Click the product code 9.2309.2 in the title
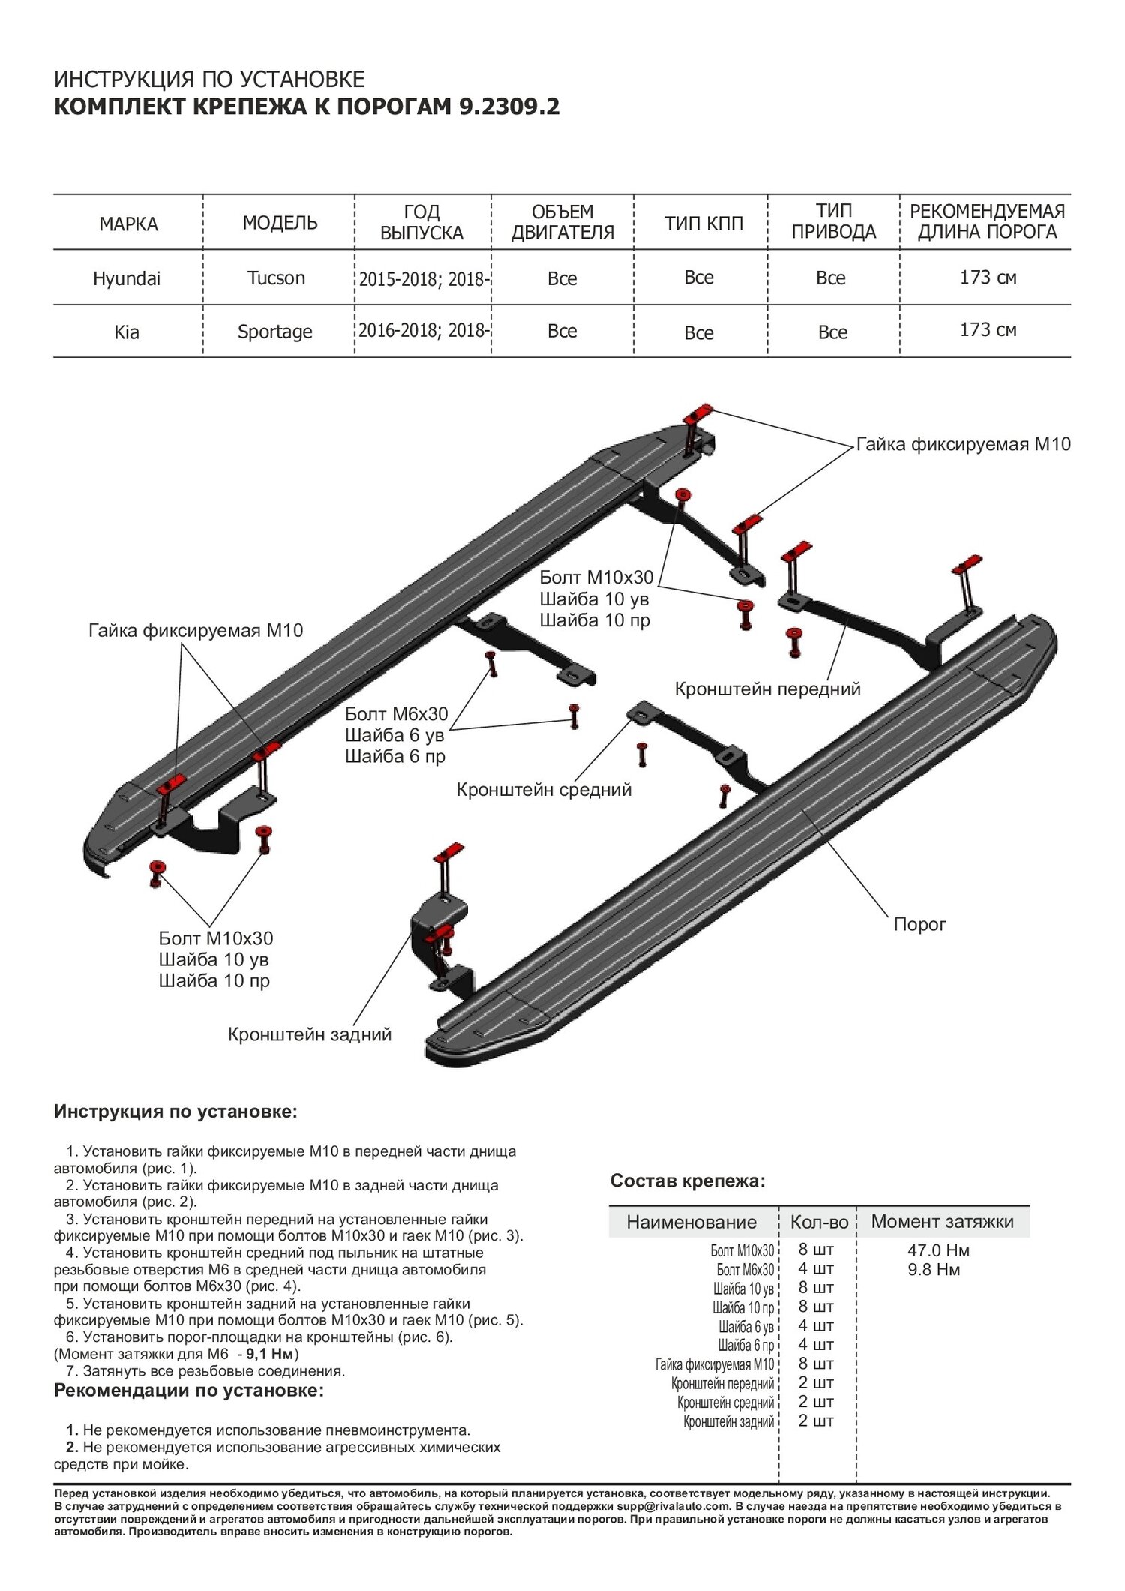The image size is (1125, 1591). pos(508,107)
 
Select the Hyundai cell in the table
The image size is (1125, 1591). pos(127,278)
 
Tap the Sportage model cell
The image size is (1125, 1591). pos(274,332)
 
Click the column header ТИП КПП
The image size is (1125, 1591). pos(703,223)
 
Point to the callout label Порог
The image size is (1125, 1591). pos(919,924)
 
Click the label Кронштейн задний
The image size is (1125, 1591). pos(310,1034)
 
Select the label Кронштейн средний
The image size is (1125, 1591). pos(544,789)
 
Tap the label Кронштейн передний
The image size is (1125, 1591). pos(767,689)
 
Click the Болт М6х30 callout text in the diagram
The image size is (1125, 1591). pos(396,713)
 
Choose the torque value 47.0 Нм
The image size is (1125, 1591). pos(938,1250)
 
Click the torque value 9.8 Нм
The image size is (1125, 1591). pos(934,1269)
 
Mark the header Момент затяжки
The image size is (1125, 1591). pos(942,1221)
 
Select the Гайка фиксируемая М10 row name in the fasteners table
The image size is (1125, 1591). pos(714,1364)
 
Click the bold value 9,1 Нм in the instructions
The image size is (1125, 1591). pos(271,1354)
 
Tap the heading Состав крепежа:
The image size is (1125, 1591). pos(687,1181)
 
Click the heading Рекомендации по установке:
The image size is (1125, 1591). pos(189,1390)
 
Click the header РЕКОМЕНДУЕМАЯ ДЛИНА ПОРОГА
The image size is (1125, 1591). pos(987,221)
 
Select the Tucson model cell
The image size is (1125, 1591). pos(276,278)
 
